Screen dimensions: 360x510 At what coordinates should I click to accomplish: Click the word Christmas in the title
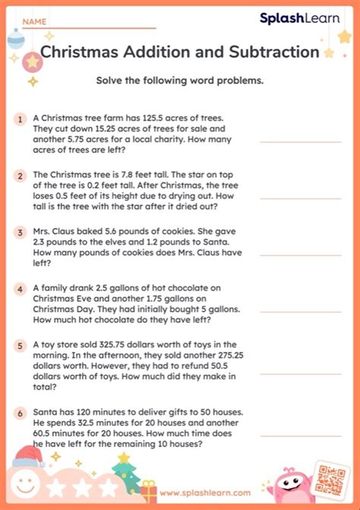(x=81, y=52)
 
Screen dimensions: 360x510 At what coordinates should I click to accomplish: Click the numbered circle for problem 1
(x=21, y=119)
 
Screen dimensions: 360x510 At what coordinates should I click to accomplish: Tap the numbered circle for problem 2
(x=21, y=176)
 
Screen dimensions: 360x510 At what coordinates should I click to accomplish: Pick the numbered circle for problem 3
(x=21, y=233)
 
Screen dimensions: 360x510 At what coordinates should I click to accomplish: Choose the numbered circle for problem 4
(x=21, y=289)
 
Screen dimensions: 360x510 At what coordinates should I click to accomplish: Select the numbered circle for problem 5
(x=21, y=345)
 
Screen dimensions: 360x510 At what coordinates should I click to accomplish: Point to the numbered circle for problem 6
(x=21, y=412)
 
